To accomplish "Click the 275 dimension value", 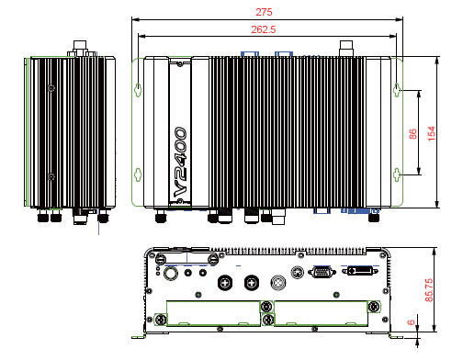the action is pyautogui.click(x=264, y=12).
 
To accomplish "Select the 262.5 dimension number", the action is pyautogui.click(x=264, y=29).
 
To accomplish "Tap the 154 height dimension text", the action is pyautogui.click(x=431, y=133).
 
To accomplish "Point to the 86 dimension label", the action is pyautogui.click(x=412, y=134).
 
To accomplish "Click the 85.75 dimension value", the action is pyautogui.click(x=429, y=289).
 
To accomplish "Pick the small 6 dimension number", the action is pyautogui.click(x=411, y=322).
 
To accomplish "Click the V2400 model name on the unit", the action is pyautogui.click(x=180, y=162).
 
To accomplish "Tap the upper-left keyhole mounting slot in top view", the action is pyautogui.click(x=138, y=90).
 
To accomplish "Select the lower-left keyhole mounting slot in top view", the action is pyautogui.click(x=138, y=174).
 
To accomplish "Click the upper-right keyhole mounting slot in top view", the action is pyautogui.click(x=397, y=90).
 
